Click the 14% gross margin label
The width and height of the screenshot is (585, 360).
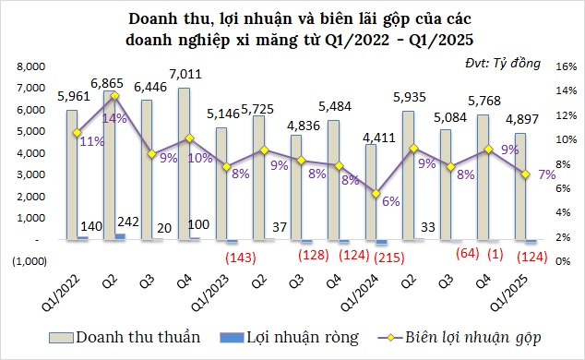[x=114, y=118]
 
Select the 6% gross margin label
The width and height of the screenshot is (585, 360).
[x=390, y=202]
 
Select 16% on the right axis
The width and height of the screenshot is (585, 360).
[x=566, y=67]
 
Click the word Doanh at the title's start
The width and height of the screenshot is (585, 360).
[x=156, y=18]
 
